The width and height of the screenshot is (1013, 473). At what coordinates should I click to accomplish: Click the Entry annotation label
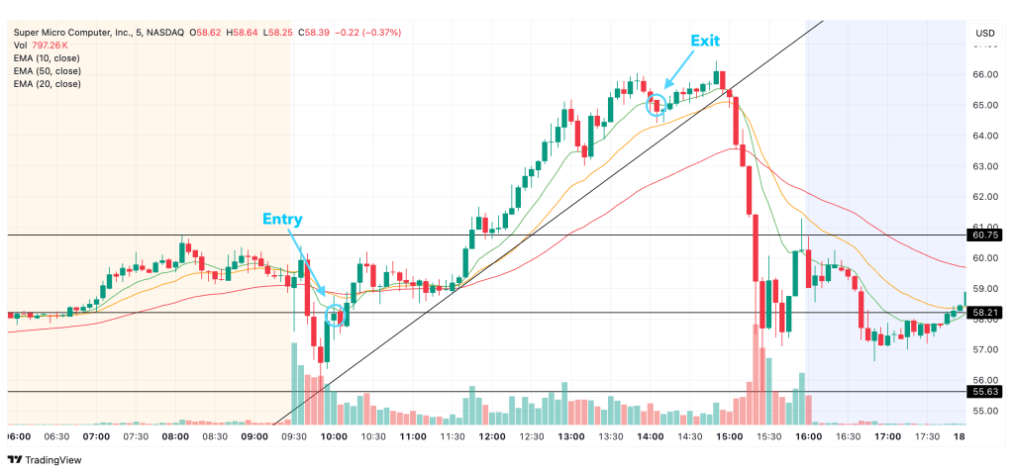pos(282,219)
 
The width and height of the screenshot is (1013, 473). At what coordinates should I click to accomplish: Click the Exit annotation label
pos(705,41)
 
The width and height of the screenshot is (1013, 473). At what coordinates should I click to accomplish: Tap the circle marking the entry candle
pos(335,316)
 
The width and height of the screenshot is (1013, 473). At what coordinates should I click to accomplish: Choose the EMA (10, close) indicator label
pos(48,57)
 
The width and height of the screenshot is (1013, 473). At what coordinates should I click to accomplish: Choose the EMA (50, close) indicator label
pos(48,70)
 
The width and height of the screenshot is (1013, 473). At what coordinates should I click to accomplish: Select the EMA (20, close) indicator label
pos(48,83)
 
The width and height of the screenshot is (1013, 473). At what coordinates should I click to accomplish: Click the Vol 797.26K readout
pos(41,45)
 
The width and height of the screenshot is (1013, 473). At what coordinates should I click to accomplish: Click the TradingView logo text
pos(53,459)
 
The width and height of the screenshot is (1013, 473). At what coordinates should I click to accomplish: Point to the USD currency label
pos(984,33)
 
